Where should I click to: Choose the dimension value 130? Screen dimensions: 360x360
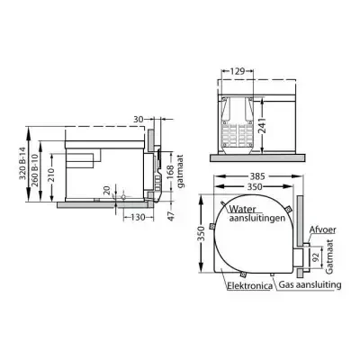tap(138, 216)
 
